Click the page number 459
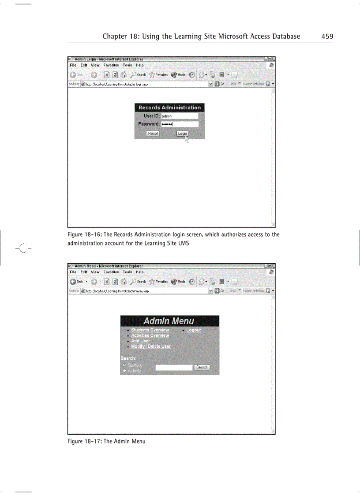[x=327, y=36]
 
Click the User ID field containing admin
[x=179, y=116]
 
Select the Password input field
[x=179, y=125]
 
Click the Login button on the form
[x=182, y=134]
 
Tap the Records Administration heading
[x=169, y=108]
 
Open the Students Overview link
[x=150, y=330]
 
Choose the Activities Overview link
[x=150, y=335]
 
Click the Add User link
[x=140, y=341]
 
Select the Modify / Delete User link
[x=151, y=346]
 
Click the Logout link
[x=193, y=330]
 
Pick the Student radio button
[x=125, y=365]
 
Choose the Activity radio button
[x=125, y=371]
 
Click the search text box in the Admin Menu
[x=174, y=367]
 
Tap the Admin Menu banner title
[x=169, y=321]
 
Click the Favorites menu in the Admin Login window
[x=111, y=65]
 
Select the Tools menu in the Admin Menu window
[x=127, y=272]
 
